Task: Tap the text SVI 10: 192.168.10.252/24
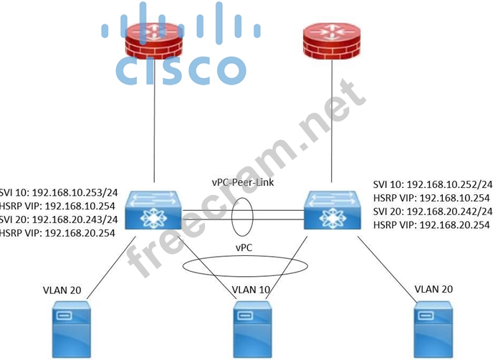tap(432, 184)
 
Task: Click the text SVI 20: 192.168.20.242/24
tap(432, 212)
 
